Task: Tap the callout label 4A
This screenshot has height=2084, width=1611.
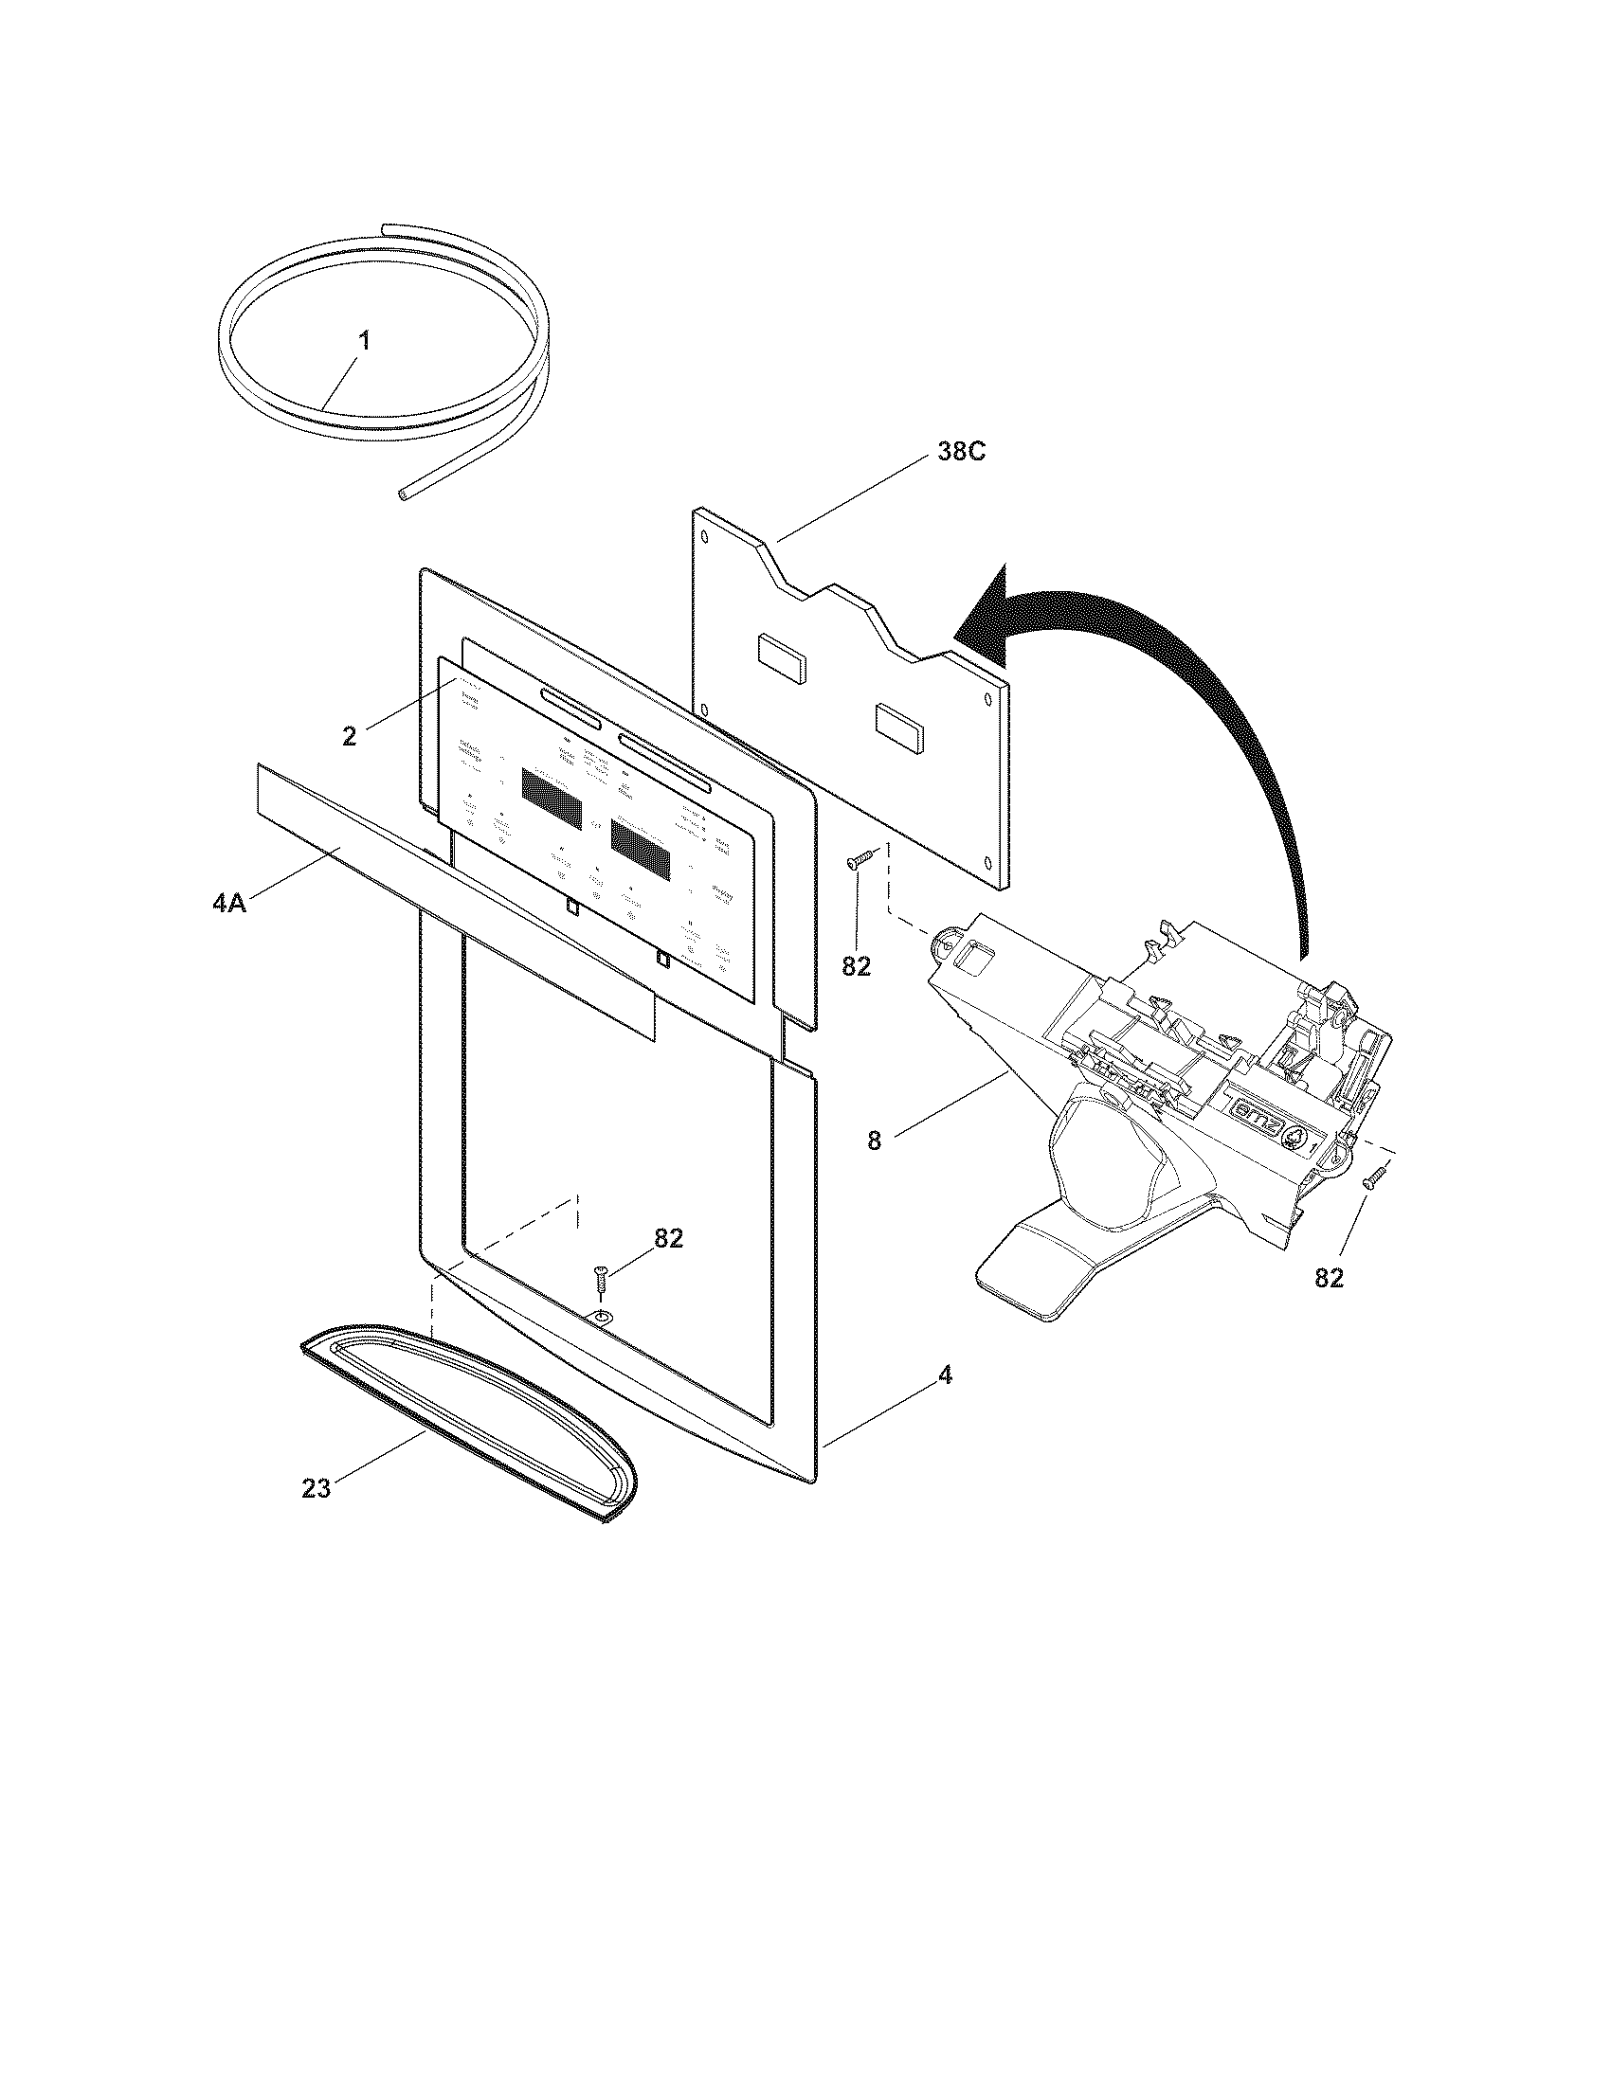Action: (x=229, y=903)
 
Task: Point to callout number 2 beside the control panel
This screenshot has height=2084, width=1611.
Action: (x=350, y=737)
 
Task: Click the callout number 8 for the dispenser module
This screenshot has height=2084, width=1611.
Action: (x=875, y=1141)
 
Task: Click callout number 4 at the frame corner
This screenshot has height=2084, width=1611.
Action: (x=945, y=1375)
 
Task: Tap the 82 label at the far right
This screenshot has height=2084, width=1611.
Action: (x=1329, y=1278)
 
